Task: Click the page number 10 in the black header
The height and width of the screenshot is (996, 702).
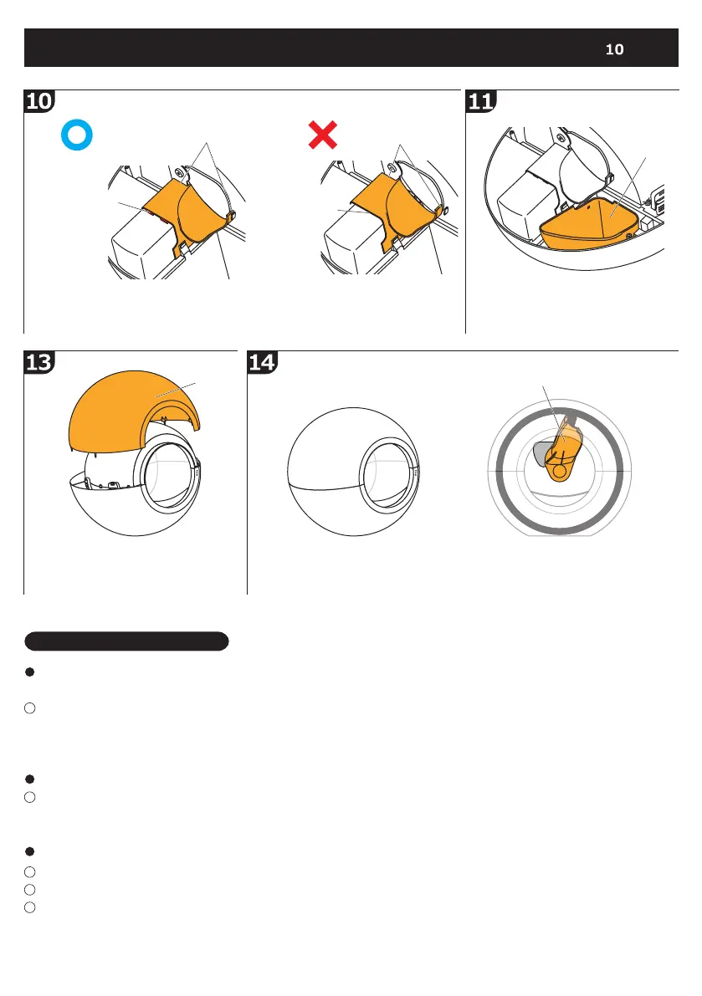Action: [614, 49]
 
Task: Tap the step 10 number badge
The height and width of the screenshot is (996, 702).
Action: [38, 102]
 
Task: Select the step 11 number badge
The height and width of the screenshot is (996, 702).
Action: [480, 102]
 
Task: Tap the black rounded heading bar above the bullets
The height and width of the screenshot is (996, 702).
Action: [126, 641]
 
